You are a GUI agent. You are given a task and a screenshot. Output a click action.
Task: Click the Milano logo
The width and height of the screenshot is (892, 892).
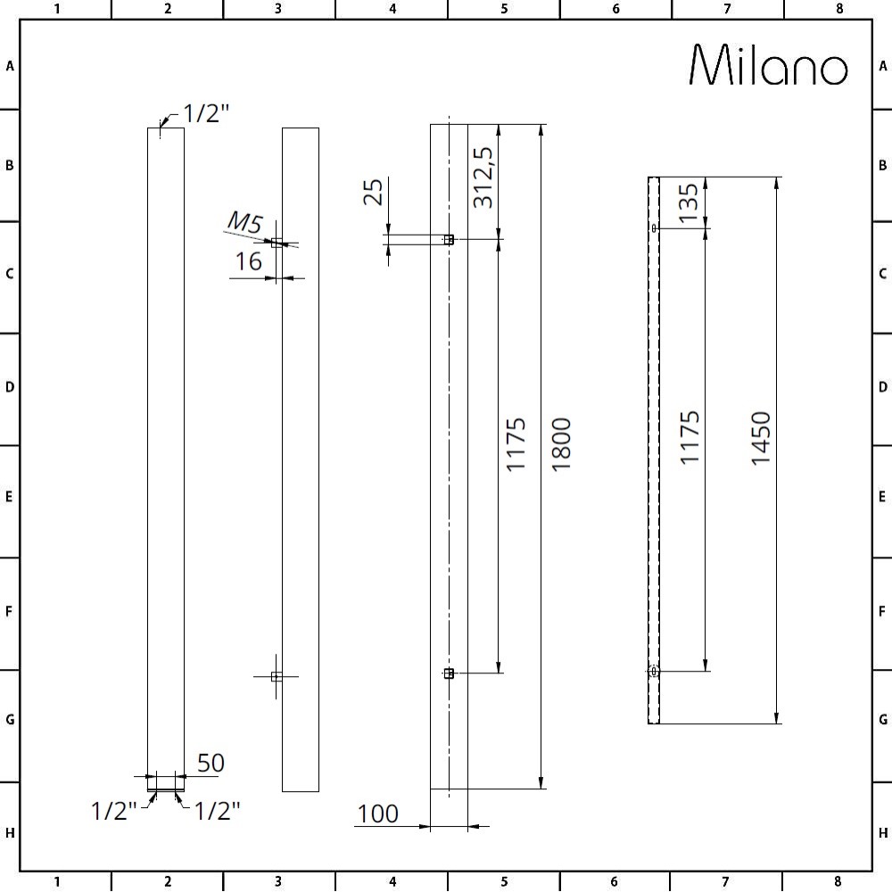(x=768, y=64)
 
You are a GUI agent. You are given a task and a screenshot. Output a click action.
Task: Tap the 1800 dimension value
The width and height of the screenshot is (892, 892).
(x=561, y=444)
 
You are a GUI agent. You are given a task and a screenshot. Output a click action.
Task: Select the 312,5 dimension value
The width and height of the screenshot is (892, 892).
(x=483, y=178)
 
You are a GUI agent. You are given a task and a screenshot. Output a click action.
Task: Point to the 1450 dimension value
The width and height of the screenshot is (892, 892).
(x=761, y=439)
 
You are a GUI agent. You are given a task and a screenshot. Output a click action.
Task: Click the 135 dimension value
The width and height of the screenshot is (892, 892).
(x=688, y=202)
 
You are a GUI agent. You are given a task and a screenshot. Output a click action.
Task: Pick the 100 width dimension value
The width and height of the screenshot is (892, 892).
(x=377, y=814)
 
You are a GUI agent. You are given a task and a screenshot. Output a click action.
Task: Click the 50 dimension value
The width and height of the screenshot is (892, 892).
(x=211, y=763)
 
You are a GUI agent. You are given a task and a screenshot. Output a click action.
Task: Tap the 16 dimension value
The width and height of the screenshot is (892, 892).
(x=249, y=261)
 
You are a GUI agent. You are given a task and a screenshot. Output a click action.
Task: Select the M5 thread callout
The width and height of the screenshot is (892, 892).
(x=245, y=222)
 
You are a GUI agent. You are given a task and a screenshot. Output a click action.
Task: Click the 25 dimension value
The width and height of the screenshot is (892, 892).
(x=373, y=192)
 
